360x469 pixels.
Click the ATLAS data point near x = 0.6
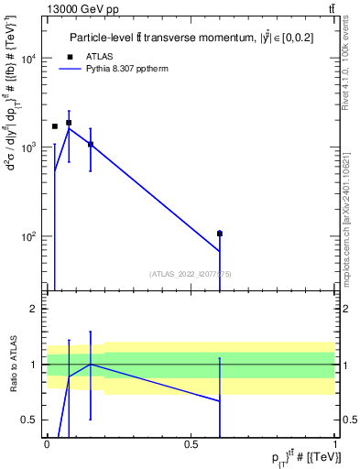click(x=220, y=234)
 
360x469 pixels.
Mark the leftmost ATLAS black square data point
click(x=55, y=126)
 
